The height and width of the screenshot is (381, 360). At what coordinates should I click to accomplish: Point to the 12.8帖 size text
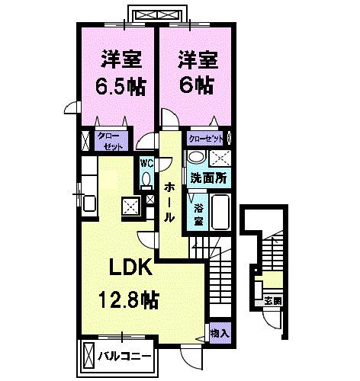point(127,299)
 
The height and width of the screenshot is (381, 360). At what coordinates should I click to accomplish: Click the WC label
point(146,162)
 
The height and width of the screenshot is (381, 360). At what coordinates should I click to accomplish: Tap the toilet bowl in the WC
point(146,180)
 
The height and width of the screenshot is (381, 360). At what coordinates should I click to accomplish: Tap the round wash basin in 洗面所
point(196,158)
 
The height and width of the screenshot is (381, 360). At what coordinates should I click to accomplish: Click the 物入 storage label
point(219,334)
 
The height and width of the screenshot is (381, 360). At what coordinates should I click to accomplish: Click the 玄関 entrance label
point(272,299)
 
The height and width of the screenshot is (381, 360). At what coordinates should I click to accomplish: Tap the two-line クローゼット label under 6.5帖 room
point(107,140)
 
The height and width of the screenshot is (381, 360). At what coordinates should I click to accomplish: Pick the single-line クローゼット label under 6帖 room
point(206,139)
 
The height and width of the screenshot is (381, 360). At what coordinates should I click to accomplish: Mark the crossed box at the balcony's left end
point(88,355)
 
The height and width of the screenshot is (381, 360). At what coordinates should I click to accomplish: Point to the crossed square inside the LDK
point(130,205)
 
